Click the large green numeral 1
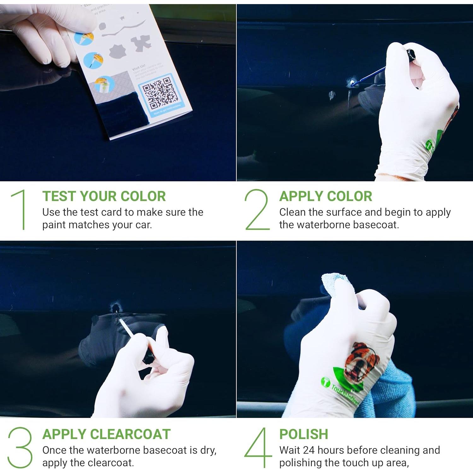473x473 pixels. click(x=20, y=209)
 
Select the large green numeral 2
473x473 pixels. click(x=257, y=209)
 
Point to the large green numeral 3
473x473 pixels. click(x=20, y=447)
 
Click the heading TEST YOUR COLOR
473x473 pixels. click(x=104, y=196)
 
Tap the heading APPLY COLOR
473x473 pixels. click(x=325, y=196)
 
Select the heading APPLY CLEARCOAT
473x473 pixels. click(x=107, y=434)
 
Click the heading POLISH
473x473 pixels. click(x=304, y=434)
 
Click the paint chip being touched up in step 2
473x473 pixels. click(x=352, y=82)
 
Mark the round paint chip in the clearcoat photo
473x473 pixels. click(x=116, y=306)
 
